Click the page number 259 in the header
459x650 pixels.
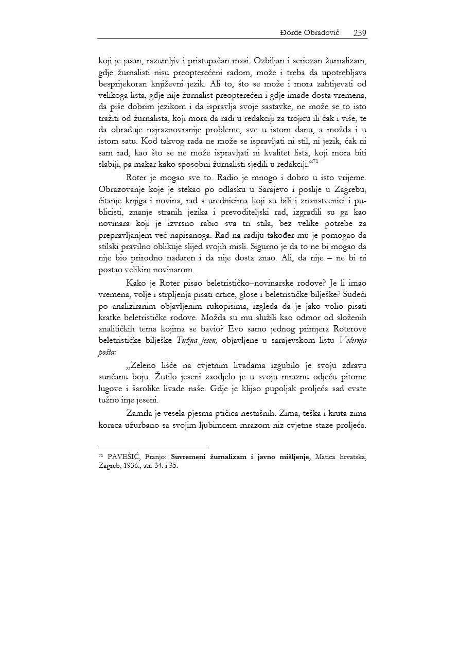pyautogui.click(x=360, y=33)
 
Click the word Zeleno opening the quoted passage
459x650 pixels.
pyautogui.click(x=144, y=365)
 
